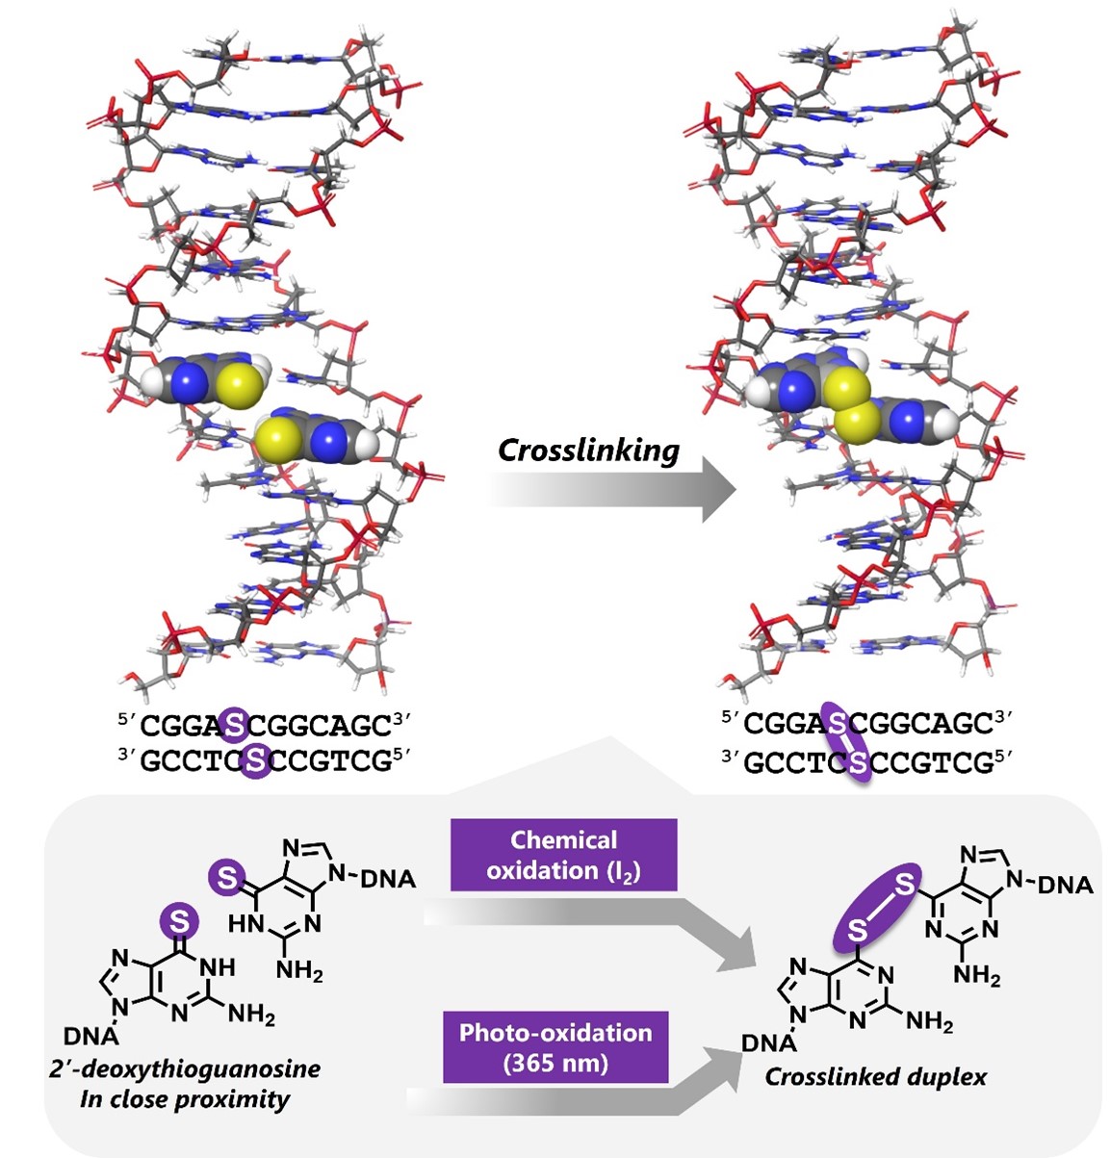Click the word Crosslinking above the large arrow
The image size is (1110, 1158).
(588, 450)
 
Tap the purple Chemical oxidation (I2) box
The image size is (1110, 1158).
(564, 855)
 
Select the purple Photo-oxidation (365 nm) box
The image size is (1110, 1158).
(555, 1047)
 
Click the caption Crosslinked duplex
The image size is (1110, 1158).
(875, 1076)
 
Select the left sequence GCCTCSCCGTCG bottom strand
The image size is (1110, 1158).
(265, 761)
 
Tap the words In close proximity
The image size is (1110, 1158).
(185, 1098)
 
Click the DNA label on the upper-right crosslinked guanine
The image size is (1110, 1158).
(1066, 884)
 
